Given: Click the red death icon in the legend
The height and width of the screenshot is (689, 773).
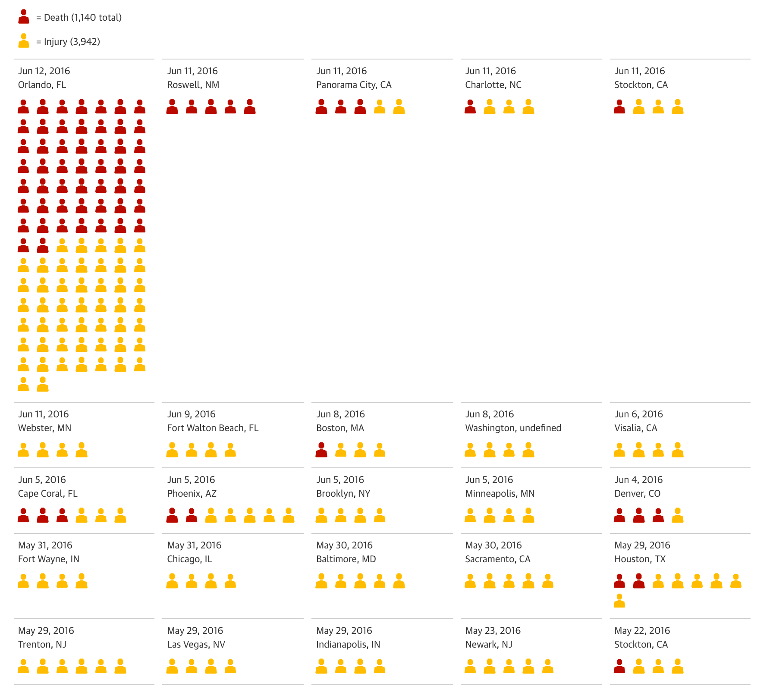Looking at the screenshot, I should tap(24, 17).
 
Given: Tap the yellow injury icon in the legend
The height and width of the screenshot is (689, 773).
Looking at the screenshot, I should tap(24, 41).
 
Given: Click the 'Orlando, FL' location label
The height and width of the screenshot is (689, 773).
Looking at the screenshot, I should tap(42, 85).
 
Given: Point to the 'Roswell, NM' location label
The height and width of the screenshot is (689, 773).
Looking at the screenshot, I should tap(193, 85).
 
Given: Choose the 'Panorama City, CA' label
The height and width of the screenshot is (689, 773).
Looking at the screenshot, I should tap(354, 85).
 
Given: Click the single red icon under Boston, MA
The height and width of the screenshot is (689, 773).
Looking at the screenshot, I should tap(321, 450).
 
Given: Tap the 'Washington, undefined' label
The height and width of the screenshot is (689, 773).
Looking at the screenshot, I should tap(513, 428).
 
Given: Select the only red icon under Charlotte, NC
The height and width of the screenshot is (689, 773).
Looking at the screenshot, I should tap(470, 106).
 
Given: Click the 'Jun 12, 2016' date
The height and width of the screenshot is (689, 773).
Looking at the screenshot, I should tap(44, 71).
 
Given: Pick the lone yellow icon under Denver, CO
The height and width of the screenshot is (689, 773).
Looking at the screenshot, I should tap(678, 515).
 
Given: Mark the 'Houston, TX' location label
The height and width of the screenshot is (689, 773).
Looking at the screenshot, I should tap(640, 559).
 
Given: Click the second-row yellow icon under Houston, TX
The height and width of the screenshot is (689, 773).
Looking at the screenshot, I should tap(619, 601).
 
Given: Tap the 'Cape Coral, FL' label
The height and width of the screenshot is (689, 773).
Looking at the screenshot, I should tap(47, 494).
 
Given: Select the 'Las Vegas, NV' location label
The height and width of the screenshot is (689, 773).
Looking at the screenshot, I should tap(196, 645).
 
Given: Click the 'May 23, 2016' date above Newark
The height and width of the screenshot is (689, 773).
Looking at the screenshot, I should tap(493, 631).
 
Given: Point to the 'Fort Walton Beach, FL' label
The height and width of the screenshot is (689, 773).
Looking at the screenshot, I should tap(213, 428).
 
